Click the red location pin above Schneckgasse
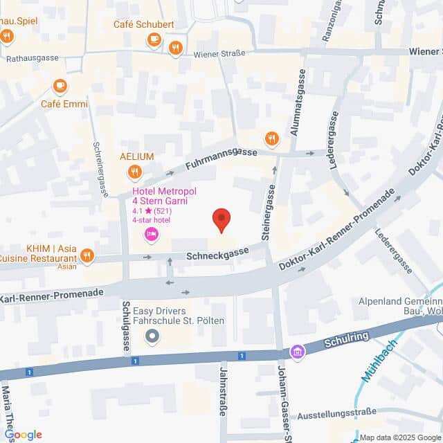221,220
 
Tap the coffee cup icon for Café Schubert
154,41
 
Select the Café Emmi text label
64,104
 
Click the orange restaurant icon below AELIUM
135,171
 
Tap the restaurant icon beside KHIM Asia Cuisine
87,257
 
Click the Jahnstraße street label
223,401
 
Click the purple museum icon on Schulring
298,352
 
